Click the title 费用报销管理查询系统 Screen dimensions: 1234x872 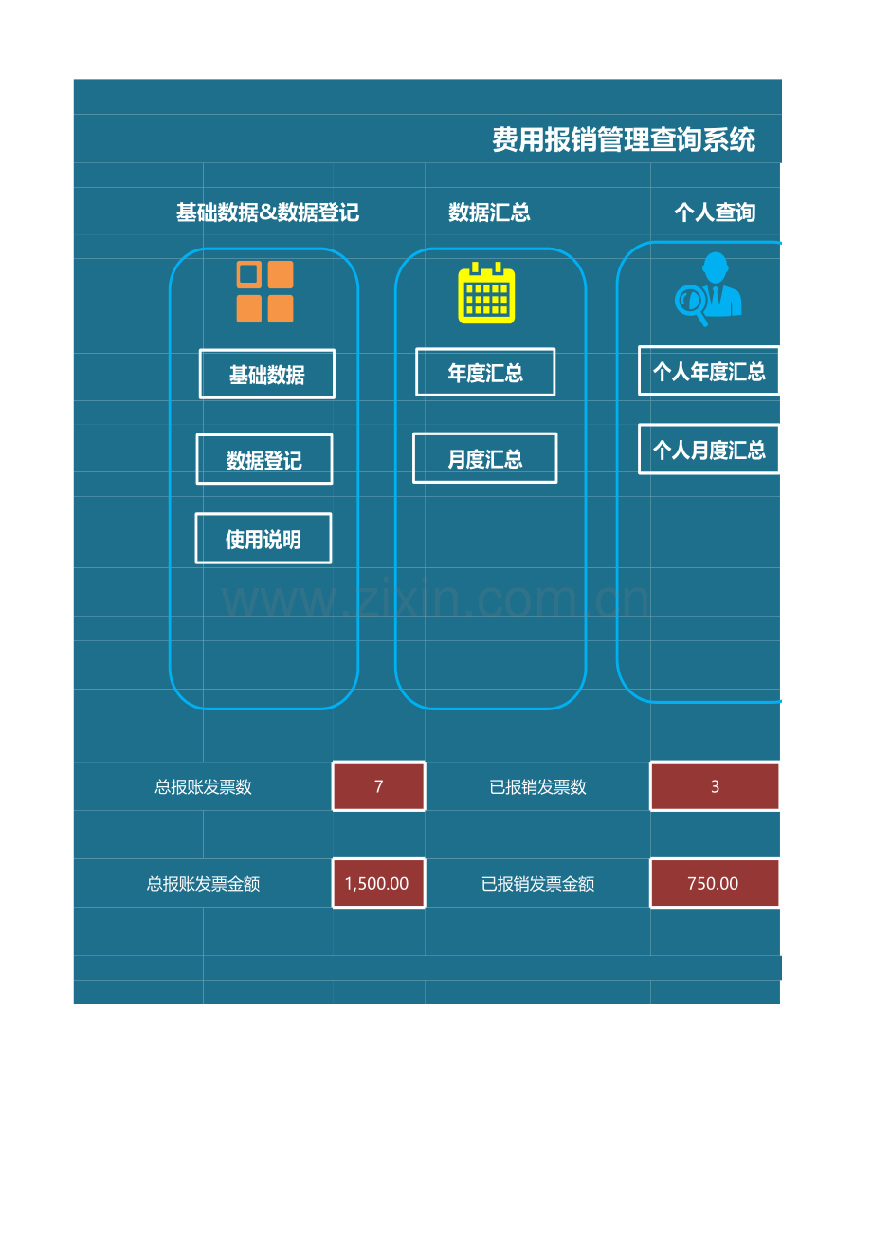[624, 140]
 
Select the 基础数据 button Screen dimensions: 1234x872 [266, 375]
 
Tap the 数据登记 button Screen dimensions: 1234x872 [264, 460]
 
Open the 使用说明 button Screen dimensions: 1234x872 [263, 539]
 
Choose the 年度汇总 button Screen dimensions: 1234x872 [485, 373]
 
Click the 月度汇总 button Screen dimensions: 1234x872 [485, 458]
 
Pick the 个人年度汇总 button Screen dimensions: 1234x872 [709, 371]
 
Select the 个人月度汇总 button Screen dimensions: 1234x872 [709, 450]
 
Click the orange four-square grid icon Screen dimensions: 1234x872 [264, 292]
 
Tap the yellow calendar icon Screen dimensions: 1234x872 [486, 292]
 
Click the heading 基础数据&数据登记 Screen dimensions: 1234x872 [267, 212]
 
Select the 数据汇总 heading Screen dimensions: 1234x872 [489, 212]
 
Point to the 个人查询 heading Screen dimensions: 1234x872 [715, 212]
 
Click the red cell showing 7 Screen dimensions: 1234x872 [379, 786]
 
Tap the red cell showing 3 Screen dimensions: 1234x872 [715, 786]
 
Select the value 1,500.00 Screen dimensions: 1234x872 [377, 883]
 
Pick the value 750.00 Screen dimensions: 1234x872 [713, 883]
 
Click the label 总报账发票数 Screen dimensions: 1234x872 [203, 786]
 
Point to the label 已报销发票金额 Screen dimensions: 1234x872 [537, 883]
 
